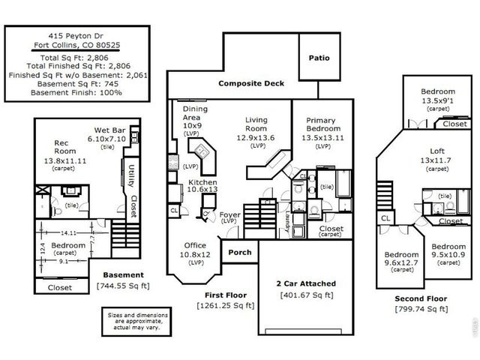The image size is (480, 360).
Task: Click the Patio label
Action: tap(319, 58)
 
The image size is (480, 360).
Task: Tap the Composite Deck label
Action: tap(251, 83)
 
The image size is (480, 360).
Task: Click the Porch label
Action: tap(239, 252)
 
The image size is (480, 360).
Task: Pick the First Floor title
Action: tap(224, 295)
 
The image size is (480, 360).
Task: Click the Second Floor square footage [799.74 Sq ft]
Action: tap(421, 309)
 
